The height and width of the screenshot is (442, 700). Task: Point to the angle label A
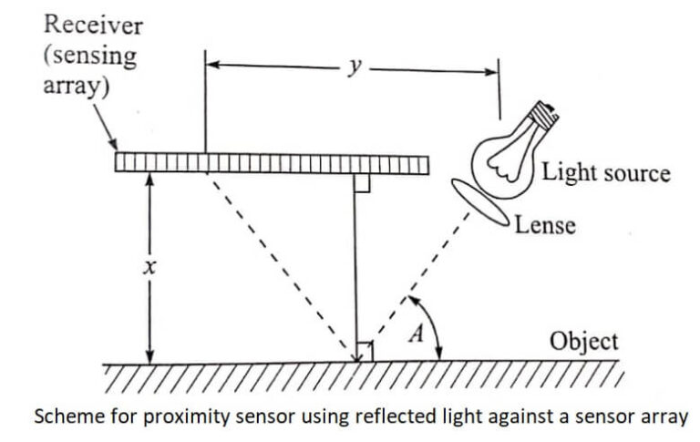pos(417,334)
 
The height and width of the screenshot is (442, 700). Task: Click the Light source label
pos(606,172)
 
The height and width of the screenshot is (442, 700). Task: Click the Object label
pos(583,342)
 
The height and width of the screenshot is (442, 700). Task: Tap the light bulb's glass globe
pos(501,164)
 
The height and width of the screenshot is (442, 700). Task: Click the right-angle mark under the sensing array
pos(361,184)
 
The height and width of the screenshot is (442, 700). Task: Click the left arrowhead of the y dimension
pos(212,67)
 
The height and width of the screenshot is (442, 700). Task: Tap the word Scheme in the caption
pos(62,417)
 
